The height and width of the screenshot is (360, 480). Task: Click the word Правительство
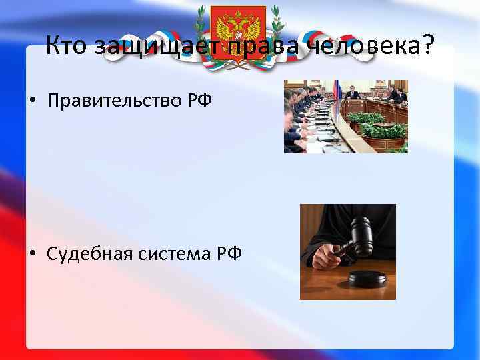115,101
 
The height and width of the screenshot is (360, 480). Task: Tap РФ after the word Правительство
199,101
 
